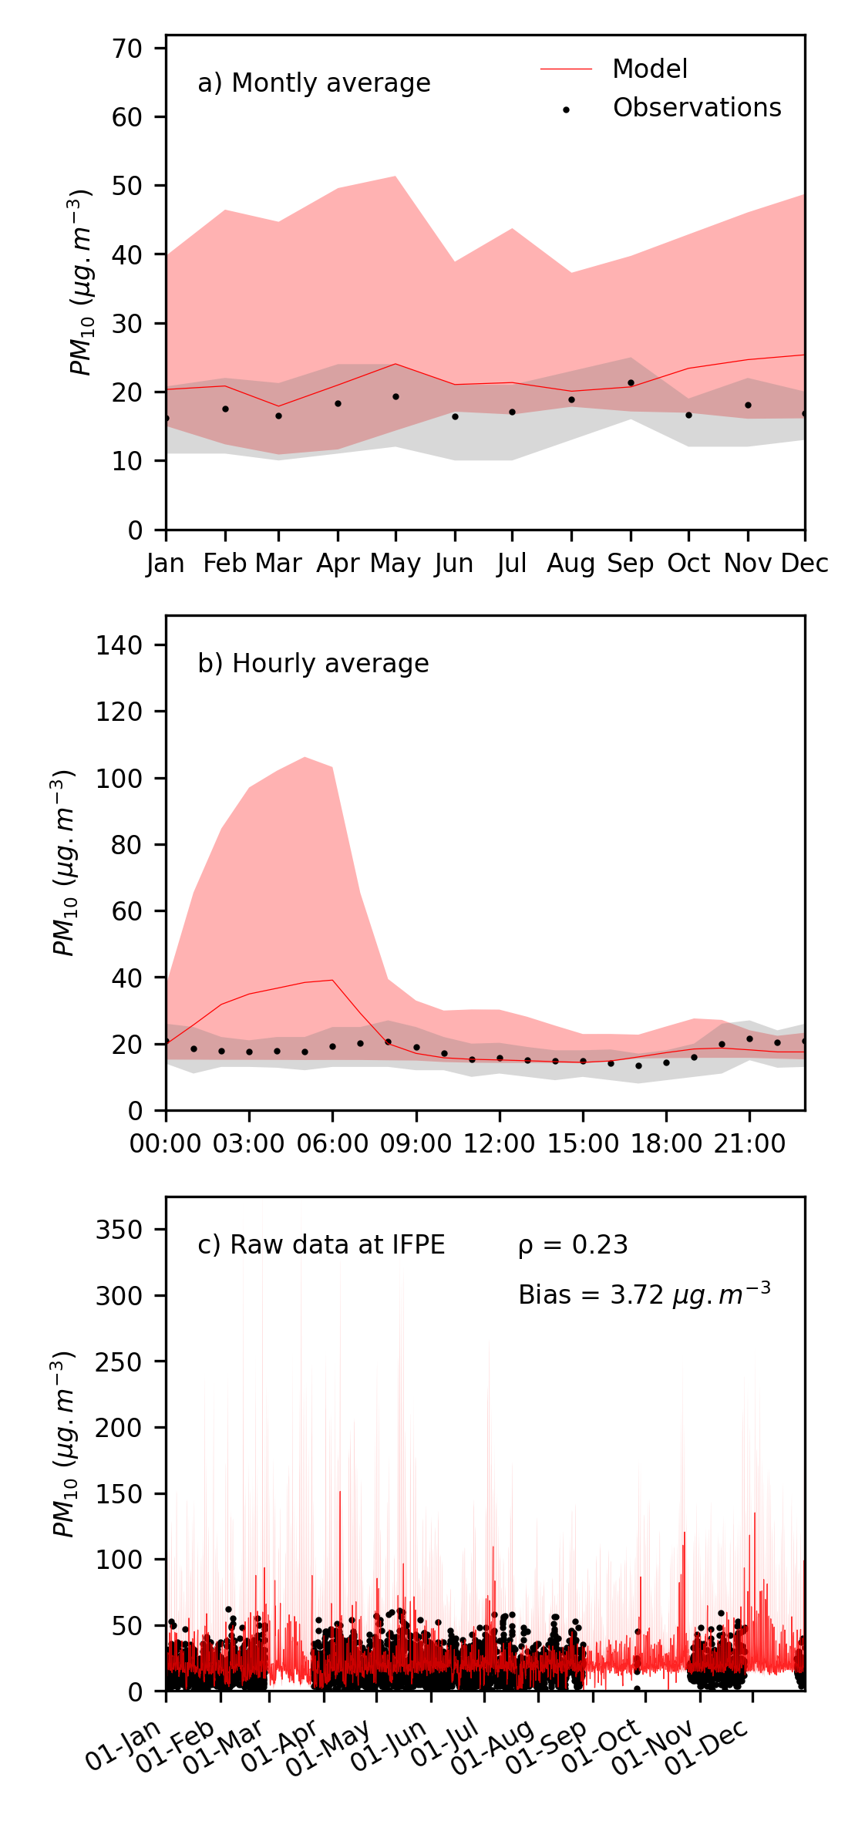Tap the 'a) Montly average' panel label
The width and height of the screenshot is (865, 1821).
[314, 83]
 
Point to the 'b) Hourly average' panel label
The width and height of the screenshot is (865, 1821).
[313, 664]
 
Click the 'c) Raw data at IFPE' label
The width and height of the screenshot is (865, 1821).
[321, 1245]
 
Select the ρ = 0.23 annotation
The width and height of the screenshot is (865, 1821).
[573, 1245]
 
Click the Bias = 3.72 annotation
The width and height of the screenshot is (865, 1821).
[644, 1294]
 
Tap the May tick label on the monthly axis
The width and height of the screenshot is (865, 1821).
[395, 564]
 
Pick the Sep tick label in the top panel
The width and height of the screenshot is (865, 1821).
[630, 564]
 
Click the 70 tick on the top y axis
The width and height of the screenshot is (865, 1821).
[127, 49]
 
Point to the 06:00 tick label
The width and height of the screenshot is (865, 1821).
[332, 1143]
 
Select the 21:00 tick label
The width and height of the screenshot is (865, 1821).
[749, 1143]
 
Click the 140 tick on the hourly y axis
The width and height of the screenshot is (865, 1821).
[119, 645]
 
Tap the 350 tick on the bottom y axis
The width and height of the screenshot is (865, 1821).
[119, 1230]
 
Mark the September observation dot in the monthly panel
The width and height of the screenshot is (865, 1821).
[631, 382]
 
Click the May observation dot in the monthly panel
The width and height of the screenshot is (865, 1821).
[395, 396]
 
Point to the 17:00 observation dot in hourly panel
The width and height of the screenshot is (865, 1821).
[638, 1065]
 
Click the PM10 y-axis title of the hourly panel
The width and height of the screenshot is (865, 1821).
[64, 863]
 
